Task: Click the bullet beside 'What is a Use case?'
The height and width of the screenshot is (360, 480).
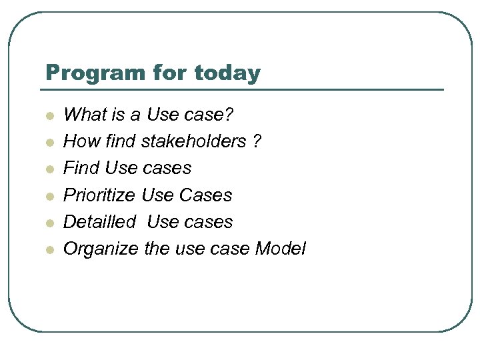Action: [49, 116]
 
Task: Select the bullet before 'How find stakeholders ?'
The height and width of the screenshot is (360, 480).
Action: [49, 143]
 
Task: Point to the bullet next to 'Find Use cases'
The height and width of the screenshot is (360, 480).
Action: [49, 169]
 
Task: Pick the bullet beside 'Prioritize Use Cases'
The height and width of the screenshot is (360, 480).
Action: [49, 196]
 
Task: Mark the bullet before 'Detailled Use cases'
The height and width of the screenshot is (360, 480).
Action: [49, 223]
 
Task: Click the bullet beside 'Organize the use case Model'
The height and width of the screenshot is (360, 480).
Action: [49, 250]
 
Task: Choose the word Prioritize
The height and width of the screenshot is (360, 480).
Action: [100, 195]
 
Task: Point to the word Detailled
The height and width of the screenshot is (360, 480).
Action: [99, 222]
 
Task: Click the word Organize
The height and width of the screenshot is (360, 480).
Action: [101, 249]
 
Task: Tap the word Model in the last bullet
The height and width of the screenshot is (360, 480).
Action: [280, 249]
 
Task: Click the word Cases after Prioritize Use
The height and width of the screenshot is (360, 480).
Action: [206, 195]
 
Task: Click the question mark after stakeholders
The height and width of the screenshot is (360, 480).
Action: [257, 141]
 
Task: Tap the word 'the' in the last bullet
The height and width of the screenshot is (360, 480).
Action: [157, 249]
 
